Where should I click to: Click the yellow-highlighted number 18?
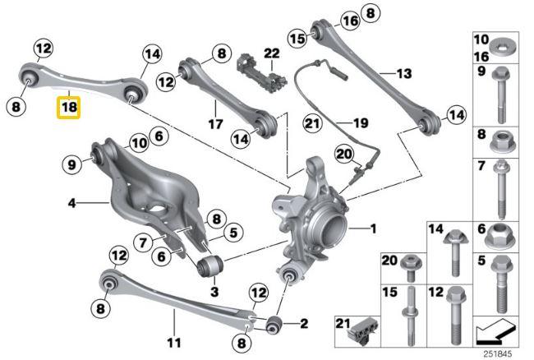tap(68, 108)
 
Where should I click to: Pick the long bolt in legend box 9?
tap(500, 97)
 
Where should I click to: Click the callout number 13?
tap(402, 74)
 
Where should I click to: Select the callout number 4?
tap(71, 202)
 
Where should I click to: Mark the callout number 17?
tap(215, 126)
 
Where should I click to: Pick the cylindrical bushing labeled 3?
tap(209, 265)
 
